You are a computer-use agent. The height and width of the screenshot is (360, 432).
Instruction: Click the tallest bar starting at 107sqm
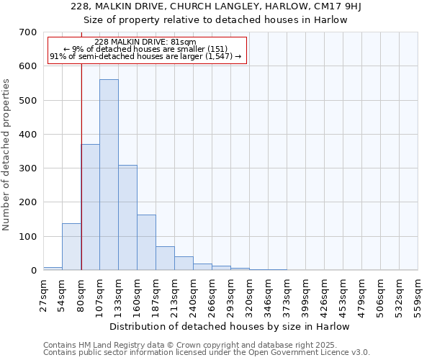click(x=109, y=175)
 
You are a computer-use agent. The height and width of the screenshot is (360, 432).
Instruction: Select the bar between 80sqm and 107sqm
click(x=91, y=207)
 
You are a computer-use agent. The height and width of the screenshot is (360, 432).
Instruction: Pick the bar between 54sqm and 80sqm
click(x=71, y=247)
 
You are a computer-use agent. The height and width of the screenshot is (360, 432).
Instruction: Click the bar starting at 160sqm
click(x=146, y=243)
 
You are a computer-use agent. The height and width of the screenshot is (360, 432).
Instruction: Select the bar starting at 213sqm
click(x=184, y=264)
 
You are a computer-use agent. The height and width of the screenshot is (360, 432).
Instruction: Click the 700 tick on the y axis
click(x=28, y=32)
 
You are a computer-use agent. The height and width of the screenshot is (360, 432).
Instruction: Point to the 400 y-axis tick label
click(x=28, y=135)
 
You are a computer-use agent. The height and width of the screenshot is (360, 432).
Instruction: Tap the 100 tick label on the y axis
click(x=28, y=237)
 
